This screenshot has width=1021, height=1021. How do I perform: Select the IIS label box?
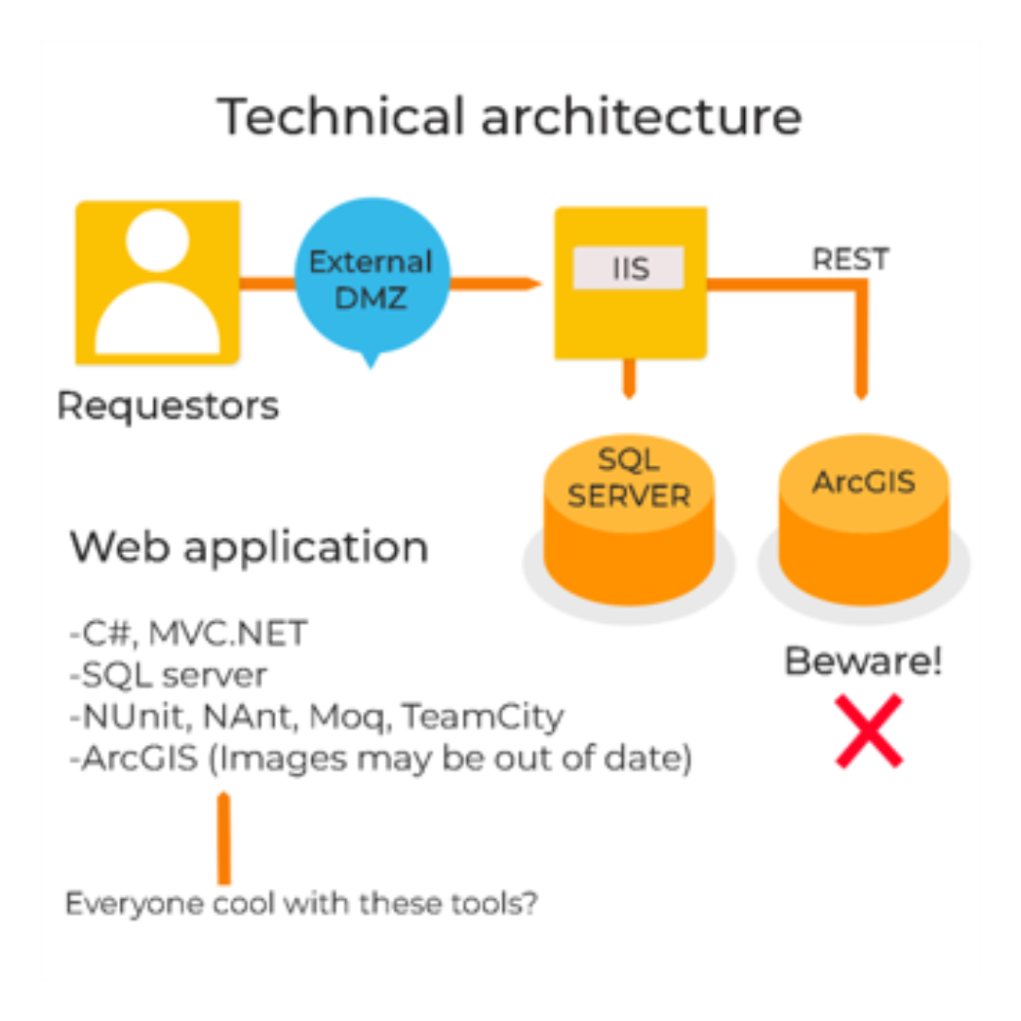629,268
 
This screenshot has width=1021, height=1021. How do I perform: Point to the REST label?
850,258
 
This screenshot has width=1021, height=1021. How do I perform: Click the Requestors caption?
168,406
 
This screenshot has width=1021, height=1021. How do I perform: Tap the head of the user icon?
157,240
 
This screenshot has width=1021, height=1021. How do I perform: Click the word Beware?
863,662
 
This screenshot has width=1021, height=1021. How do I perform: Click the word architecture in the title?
638,117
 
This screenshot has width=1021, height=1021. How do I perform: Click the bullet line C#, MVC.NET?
189,632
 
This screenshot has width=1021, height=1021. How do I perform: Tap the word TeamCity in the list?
483,717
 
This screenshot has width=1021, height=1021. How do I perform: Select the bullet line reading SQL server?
168,675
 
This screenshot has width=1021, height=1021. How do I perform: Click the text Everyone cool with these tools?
302,903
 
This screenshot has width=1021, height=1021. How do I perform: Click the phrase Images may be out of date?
451,758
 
